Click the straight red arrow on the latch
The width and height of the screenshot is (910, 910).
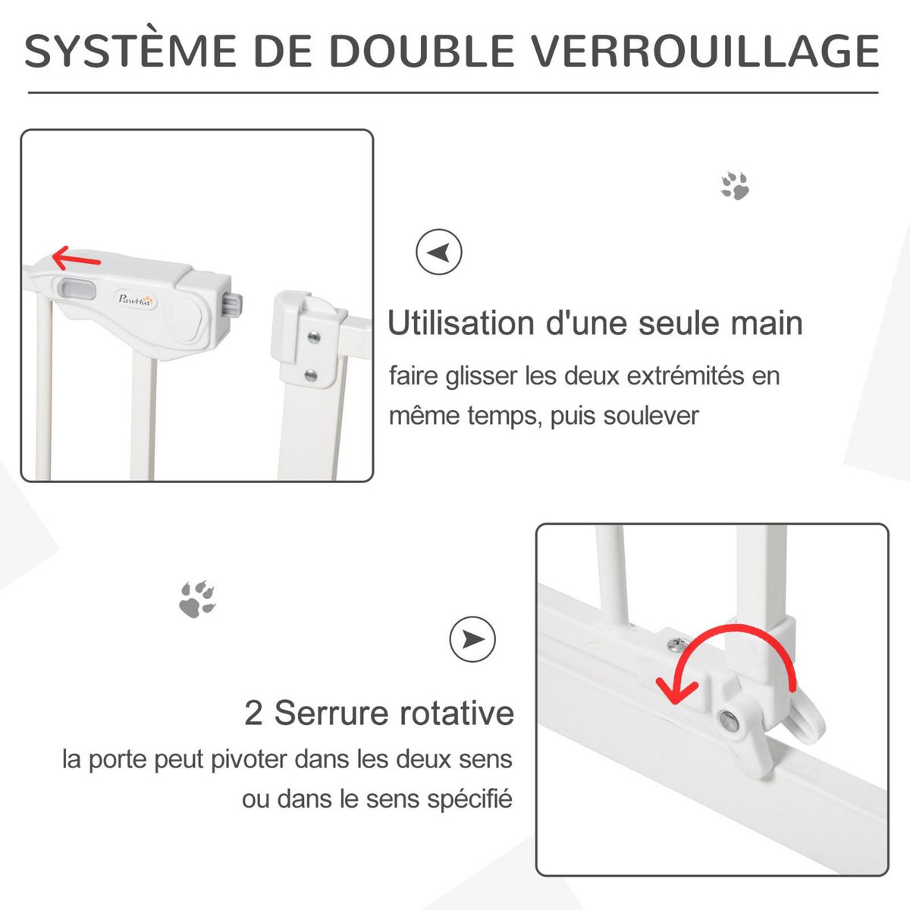[x=76, y=260]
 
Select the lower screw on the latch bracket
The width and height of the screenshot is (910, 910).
[x=310, y=374]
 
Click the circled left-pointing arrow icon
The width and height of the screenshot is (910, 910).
[x=439, y=252]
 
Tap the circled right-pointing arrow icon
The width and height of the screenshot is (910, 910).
[x=472, y=639]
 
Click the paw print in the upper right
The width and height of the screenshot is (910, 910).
[x=735, y=186]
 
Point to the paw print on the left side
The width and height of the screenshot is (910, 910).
[x=198, y=598]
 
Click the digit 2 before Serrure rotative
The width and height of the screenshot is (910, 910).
[x=254, y=714]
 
